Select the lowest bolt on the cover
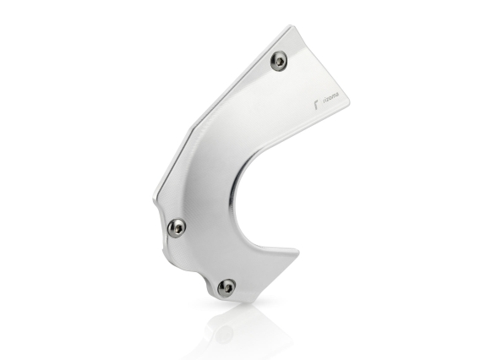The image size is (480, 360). pyautogui.click(x=226, y=287)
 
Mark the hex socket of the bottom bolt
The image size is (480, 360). pyautogui.click(x=226, y=287)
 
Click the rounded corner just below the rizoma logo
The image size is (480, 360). pyautogui.click(x=343, y=117)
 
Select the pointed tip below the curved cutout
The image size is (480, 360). pyautogui.click(x=296, y=252)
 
